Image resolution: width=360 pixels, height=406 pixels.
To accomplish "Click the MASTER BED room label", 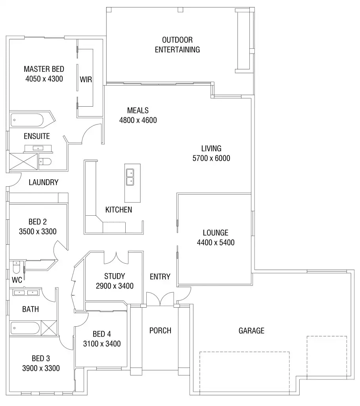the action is (44, 69).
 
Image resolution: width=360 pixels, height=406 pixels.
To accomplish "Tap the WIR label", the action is (86, 79).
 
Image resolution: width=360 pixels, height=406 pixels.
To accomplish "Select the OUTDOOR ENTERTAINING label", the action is (177, 45).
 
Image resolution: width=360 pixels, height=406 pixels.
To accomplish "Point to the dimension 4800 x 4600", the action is (138, 120).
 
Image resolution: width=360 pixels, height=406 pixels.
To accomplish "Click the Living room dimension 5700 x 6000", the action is (211, 158).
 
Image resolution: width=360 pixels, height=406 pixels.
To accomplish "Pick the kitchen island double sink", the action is (130, 177).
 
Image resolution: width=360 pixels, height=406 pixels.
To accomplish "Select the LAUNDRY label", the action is (44, 183).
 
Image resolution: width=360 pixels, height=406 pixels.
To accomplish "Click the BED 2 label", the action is (37, 222).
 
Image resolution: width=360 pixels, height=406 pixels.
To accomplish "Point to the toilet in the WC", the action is (16, 268).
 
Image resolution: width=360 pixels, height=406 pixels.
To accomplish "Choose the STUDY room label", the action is (115, 276).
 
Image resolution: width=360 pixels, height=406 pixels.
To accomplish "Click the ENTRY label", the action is (160, 277).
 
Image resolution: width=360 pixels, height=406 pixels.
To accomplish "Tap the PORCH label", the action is (160, 330).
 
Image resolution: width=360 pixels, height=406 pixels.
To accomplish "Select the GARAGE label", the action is (251, 330).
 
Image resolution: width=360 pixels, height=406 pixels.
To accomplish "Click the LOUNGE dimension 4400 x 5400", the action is (215, 242).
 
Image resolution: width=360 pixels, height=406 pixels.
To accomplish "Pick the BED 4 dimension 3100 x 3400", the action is (101, 343).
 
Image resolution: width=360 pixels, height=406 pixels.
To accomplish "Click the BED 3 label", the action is (40, 358).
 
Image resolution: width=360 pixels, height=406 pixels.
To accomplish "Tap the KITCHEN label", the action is (119, 210).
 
